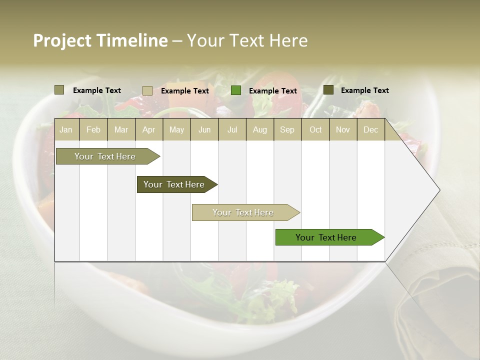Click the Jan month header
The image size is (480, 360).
tap(66, 130)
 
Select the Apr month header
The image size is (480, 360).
tap(149, 130)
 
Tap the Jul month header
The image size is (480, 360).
tap(232, 130)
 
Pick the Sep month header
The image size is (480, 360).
tap(287, 130)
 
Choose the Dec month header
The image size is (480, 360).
tap(370, 130)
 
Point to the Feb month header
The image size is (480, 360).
tap(93, 130)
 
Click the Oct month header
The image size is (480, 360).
tap(315, 130)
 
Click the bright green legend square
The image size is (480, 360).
tap(236, 90)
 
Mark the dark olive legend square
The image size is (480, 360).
tap(328, 90)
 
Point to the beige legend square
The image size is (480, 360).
tap(147, 90)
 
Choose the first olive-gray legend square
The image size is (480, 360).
tap(59, 90)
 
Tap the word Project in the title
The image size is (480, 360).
tap(61, 40)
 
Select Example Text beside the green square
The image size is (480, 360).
tap(272, 91)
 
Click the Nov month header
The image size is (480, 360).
tap(343, 130)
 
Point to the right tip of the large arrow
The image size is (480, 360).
tap(439, 190)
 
